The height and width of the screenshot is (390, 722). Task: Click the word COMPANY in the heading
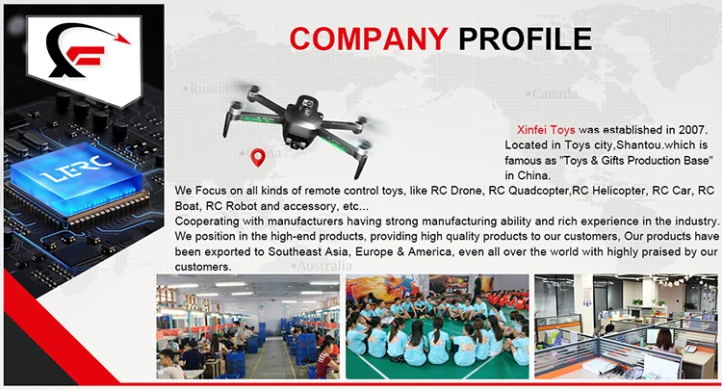(369, 39)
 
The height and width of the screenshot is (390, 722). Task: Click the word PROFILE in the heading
(525, 39)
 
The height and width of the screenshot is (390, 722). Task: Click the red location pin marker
(257, 157)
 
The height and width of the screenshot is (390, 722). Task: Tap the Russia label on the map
(209, 89)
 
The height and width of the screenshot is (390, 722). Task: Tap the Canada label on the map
(555, 94)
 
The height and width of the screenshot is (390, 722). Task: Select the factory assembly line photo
(247, 326)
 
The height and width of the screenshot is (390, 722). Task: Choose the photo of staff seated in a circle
(437, 326)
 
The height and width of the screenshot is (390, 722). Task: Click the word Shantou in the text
(605, 145)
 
